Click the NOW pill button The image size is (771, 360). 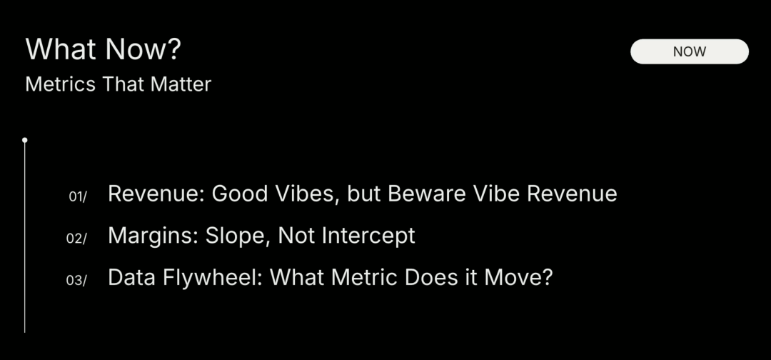(x=690, y=51)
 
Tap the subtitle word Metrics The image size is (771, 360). (x=60, y=84)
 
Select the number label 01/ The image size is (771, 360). (x=77, y=196)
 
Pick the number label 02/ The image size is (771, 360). (x=76, y=239)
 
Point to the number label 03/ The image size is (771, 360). (x=76, y=280)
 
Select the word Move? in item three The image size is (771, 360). (x=518, y=278)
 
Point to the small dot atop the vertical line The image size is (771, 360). (x=24, y=140)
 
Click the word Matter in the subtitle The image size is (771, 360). (x=181, y=84)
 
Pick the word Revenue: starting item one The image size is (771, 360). (x=156, y=194)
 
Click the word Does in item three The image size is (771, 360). (x=427, y=278)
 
